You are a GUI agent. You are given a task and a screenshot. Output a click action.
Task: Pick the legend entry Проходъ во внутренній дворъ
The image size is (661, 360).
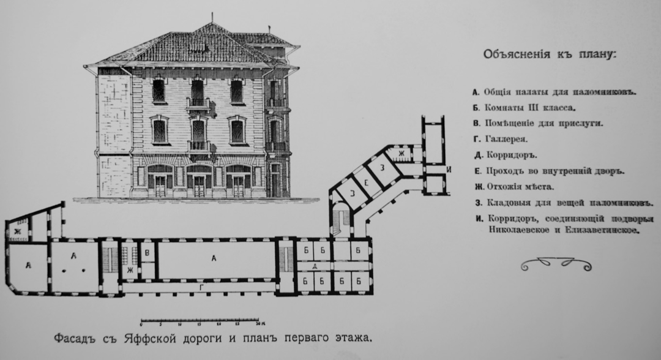[x=554, y=171]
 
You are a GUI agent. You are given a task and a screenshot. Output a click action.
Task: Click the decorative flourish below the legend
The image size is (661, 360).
[x=556, y=264]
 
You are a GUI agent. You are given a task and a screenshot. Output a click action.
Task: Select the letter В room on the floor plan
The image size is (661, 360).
[x=147, y=251]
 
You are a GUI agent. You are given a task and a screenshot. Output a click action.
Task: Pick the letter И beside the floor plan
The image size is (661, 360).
[x=449, y=169]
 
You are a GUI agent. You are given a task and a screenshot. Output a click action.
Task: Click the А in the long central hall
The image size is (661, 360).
[x=214, y=258]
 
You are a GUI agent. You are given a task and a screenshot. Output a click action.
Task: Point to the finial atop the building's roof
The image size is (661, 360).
[x=212, y=17]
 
